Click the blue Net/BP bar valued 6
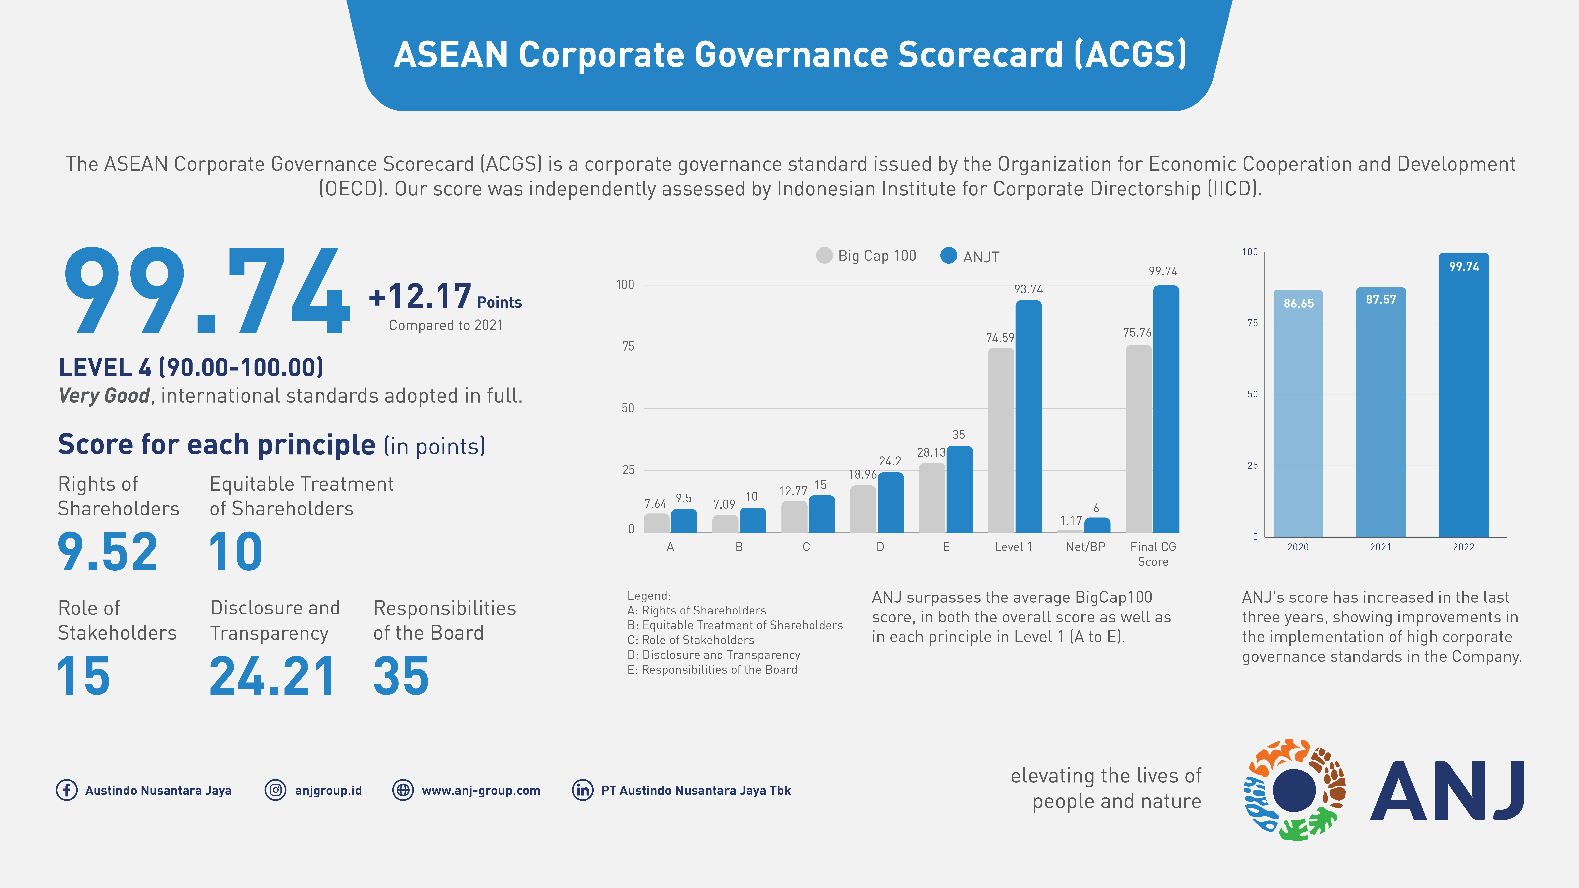1097,525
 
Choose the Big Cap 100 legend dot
825,256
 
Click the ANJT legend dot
948,256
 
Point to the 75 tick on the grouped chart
628,346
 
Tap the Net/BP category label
1086,547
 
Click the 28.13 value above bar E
931,452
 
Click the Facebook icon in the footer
67,790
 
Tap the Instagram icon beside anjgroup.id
275,790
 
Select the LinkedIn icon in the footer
582,790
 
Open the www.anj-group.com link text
481,791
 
